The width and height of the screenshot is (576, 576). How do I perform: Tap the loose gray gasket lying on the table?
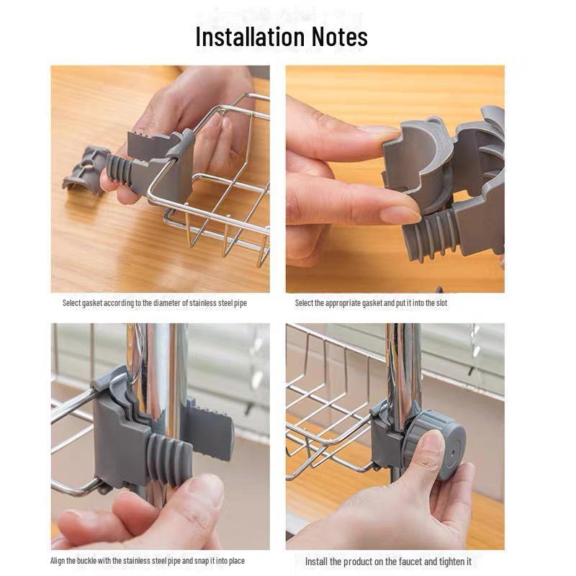(x=85, y=170)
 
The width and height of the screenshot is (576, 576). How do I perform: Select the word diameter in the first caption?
(x=156, y=303)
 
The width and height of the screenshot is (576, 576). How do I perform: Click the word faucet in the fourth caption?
(x=400, y=561)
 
